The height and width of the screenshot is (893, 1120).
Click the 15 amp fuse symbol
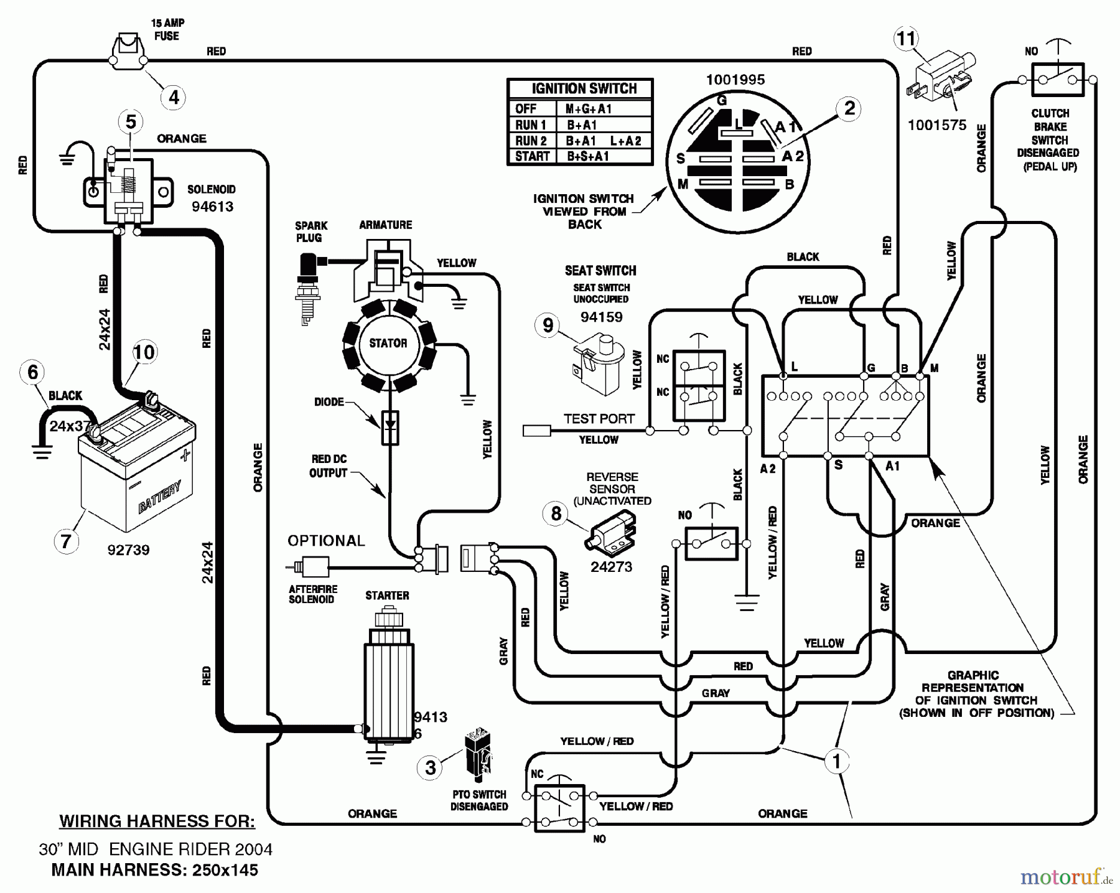click(128, 52)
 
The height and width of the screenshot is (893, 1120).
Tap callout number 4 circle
click(174, 97)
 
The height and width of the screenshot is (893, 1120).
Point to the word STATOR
click(388, 343)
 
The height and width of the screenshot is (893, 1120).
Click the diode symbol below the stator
click(390, 427)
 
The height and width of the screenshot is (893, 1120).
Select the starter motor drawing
click(387, 678)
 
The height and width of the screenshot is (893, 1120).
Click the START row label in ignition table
click(532, 156)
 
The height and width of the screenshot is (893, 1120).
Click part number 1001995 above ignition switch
click(735, 80)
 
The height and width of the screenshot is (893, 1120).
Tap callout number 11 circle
click(906, 39)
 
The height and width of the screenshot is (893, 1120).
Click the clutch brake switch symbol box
click(1057, 80)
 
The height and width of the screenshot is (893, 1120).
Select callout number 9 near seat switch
click(548, 325)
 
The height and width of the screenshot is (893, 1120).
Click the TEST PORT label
click(599, 419)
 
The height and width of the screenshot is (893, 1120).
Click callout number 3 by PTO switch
click(430, 767)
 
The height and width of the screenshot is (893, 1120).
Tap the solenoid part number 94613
click(212, 206)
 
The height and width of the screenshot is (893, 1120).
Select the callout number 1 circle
click(836, 760)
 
